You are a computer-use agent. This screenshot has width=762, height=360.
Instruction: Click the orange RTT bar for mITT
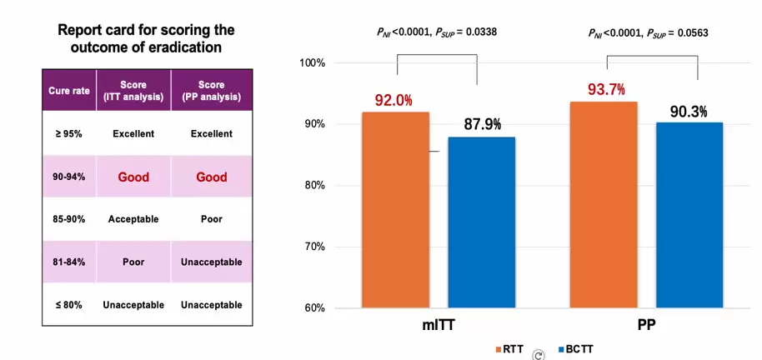(x=395, y=210)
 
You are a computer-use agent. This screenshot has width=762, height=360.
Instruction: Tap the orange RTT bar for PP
(x=604, y=205)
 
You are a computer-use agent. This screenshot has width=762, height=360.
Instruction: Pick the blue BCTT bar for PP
(x=689, y=215)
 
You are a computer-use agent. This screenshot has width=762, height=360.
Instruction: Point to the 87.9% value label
(x=482, y=125)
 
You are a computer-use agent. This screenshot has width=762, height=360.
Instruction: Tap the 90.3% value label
(x=689, y=111)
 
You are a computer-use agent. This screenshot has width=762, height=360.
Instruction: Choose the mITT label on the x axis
(x=437, y=327)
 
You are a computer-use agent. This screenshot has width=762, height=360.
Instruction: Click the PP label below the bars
(x=647, y=327)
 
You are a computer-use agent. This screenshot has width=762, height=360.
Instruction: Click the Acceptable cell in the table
(x=133, y=219)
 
